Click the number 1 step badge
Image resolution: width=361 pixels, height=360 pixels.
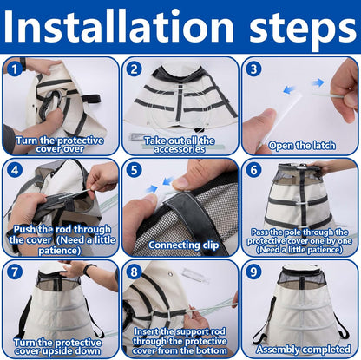click(x=15, y=69)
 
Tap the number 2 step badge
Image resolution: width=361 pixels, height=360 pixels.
click(x=134, y=69)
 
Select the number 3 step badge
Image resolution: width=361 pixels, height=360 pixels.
click(x=253, y=69)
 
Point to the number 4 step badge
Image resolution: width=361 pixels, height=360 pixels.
click(x=15, y=170)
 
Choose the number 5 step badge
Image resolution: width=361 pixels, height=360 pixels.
click(x=134, y=170)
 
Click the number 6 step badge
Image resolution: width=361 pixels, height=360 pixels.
click(x=253, y=170)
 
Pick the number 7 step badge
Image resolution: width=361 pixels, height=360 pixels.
click(x=15, y=272)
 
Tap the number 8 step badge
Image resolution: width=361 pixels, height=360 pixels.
click(x=134, y=272)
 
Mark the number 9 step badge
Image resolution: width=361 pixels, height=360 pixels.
click(x=253, y=272)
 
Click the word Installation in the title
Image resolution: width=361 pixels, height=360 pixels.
click(x=119, y=27)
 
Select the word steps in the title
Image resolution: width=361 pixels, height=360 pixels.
click(x=303, y=30)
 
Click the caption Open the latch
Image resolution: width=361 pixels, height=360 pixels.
click(x=302, y=146)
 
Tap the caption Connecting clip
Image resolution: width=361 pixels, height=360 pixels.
click(x=183, y=245)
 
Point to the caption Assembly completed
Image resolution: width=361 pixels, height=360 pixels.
click(x=303, y=350)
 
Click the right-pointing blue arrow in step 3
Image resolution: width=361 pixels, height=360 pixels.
click(x=318, y=82)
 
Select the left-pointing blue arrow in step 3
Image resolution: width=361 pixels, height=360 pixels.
click(x=289, y=89)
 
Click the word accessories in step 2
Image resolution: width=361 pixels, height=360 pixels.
click(x=180, y=149)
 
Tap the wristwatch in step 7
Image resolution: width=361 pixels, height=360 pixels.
click(x=89, y=270)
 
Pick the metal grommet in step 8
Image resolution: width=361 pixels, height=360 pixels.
click(x=170, y=273)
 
